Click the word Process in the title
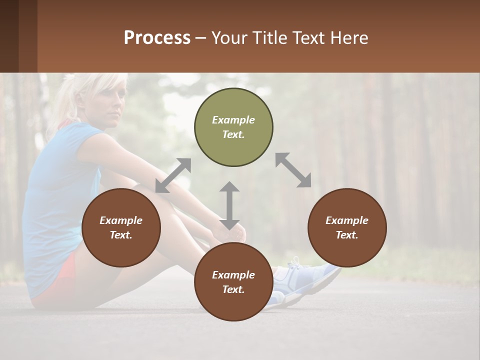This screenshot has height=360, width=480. [157, 38]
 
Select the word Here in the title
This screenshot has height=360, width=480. [350, 38]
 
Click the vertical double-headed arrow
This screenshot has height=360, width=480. [229, 205]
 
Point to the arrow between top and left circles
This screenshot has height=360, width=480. [173, 175]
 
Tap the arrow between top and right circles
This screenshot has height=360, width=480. [293, 170]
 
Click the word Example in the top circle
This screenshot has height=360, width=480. [233, 120]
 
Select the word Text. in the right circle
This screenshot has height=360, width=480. [347, 235]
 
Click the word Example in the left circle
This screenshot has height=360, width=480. [121, 220]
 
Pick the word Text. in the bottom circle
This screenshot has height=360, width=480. [233, 289]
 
